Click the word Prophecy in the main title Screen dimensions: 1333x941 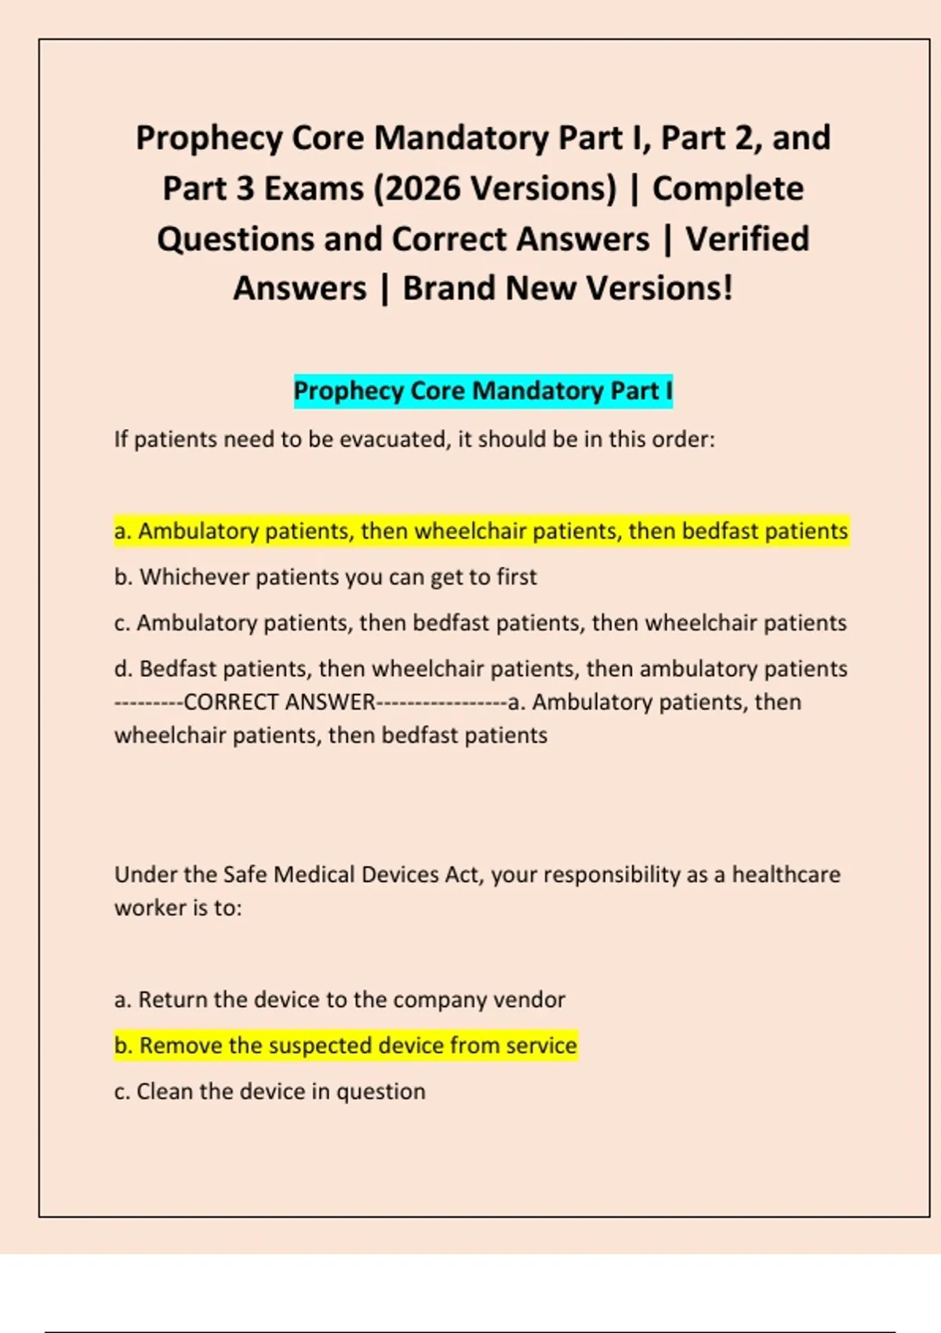pyautogui.click(x=209, y=139)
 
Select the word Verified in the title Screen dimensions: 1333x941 pyautogui.click(x=747, y=239)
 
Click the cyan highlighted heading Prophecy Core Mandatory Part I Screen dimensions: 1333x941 pyautogui.click(x=483, y=390)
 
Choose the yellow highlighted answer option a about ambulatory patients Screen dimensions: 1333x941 pyautogui.click(x=481, y=531)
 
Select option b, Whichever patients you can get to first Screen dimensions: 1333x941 pyautogui.click(x=325, y=577)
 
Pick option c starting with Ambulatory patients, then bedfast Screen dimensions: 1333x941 pyautogui.click(x=480, y=623)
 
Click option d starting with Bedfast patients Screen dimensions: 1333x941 pyautogui.click(x=481, y=669)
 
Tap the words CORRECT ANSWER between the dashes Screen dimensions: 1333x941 pyautogui.click(x=279, y=702)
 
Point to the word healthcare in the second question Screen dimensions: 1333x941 pyautogui.click(x=786, y=874)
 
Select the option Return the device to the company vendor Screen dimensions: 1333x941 pyautogui.click(x=340, y=1000)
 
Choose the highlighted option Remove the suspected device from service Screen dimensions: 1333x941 pyautogui.click(x=346, y=1045)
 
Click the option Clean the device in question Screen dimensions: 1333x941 pyautogui.click(x=270, y=1091)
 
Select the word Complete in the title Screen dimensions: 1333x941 pyautogui.click(x=728, y=189)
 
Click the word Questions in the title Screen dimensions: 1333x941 pyautogui.click(x=234, y=239)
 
